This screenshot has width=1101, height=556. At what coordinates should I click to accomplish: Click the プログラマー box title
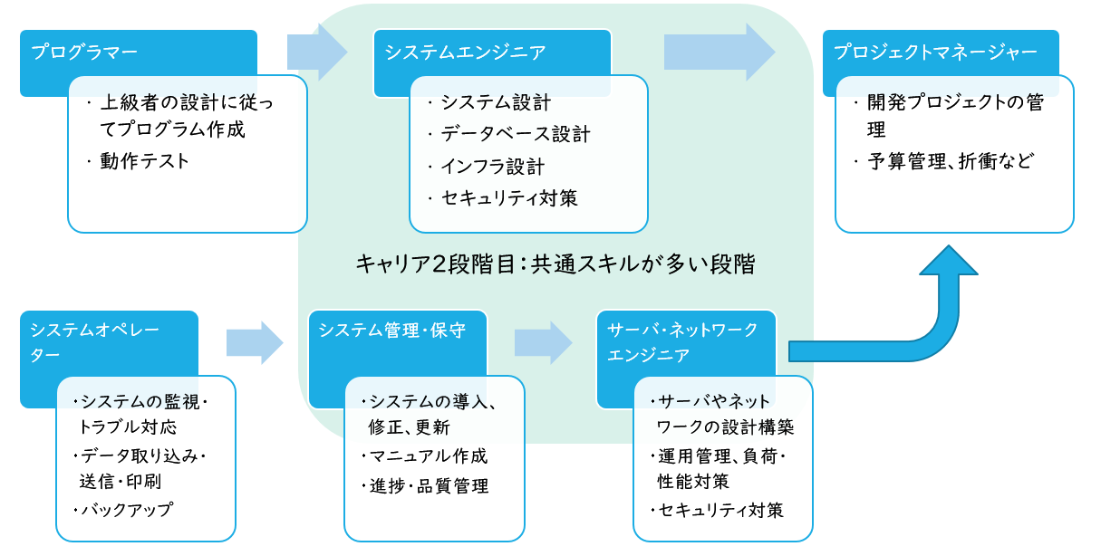(84, 53)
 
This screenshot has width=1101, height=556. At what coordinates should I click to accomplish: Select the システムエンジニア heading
(465, 53)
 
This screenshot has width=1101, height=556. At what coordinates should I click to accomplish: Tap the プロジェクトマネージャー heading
(935, 53)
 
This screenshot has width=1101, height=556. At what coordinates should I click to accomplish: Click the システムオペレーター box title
(94, 341)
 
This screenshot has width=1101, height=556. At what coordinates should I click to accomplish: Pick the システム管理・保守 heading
(392, 331)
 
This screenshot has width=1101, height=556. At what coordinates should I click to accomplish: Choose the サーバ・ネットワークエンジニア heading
(682, 341)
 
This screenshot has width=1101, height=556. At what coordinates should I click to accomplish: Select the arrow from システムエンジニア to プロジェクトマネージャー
(720, 53)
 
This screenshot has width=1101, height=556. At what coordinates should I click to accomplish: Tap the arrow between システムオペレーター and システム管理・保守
(255, 342)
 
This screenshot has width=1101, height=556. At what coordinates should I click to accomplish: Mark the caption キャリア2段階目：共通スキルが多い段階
(555, 264)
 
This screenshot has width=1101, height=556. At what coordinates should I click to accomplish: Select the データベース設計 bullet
(515, 135)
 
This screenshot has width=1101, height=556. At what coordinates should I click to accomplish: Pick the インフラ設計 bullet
(492, 167)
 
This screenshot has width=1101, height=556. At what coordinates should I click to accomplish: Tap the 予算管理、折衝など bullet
(951, 162)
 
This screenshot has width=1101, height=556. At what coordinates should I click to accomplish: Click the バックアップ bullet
(127, 510)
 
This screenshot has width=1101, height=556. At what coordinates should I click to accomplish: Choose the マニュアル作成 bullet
(428, 456)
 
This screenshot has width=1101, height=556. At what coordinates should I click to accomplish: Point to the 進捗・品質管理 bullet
(429, 486)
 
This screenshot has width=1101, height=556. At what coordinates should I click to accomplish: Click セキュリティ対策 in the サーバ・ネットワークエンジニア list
(721, 510)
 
